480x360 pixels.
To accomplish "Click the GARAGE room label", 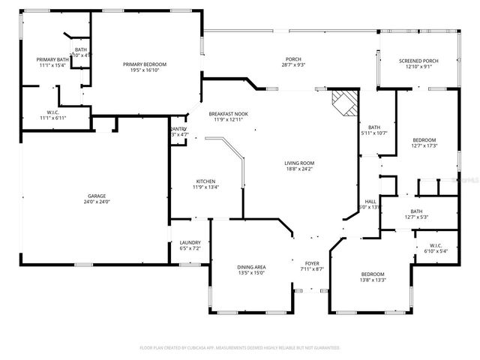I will (94, 196).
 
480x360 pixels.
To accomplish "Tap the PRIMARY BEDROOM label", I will (145, 64).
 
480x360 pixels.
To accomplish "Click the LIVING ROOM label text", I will (298, 163).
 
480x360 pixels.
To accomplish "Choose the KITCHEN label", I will (206, 181).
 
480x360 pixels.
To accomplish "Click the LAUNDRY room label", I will (190, 242).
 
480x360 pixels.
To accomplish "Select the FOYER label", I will (311, 262).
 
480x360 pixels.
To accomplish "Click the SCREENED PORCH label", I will (419, 60).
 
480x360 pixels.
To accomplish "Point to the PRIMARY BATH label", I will (52, 59).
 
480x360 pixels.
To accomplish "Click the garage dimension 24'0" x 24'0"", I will (94, 202).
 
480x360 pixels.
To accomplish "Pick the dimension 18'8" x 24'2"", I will (298, 169).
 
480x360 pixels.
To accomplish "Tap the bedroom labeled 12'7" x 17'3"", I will (424, 140).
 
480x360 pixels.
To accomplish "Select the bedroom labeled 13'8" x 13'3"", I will (373, 274).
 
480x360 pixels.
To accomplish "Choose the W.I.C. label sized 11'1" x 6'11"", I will (53, 113).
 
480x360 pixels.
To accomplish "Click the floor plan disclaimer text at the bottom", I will (240, 348).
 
